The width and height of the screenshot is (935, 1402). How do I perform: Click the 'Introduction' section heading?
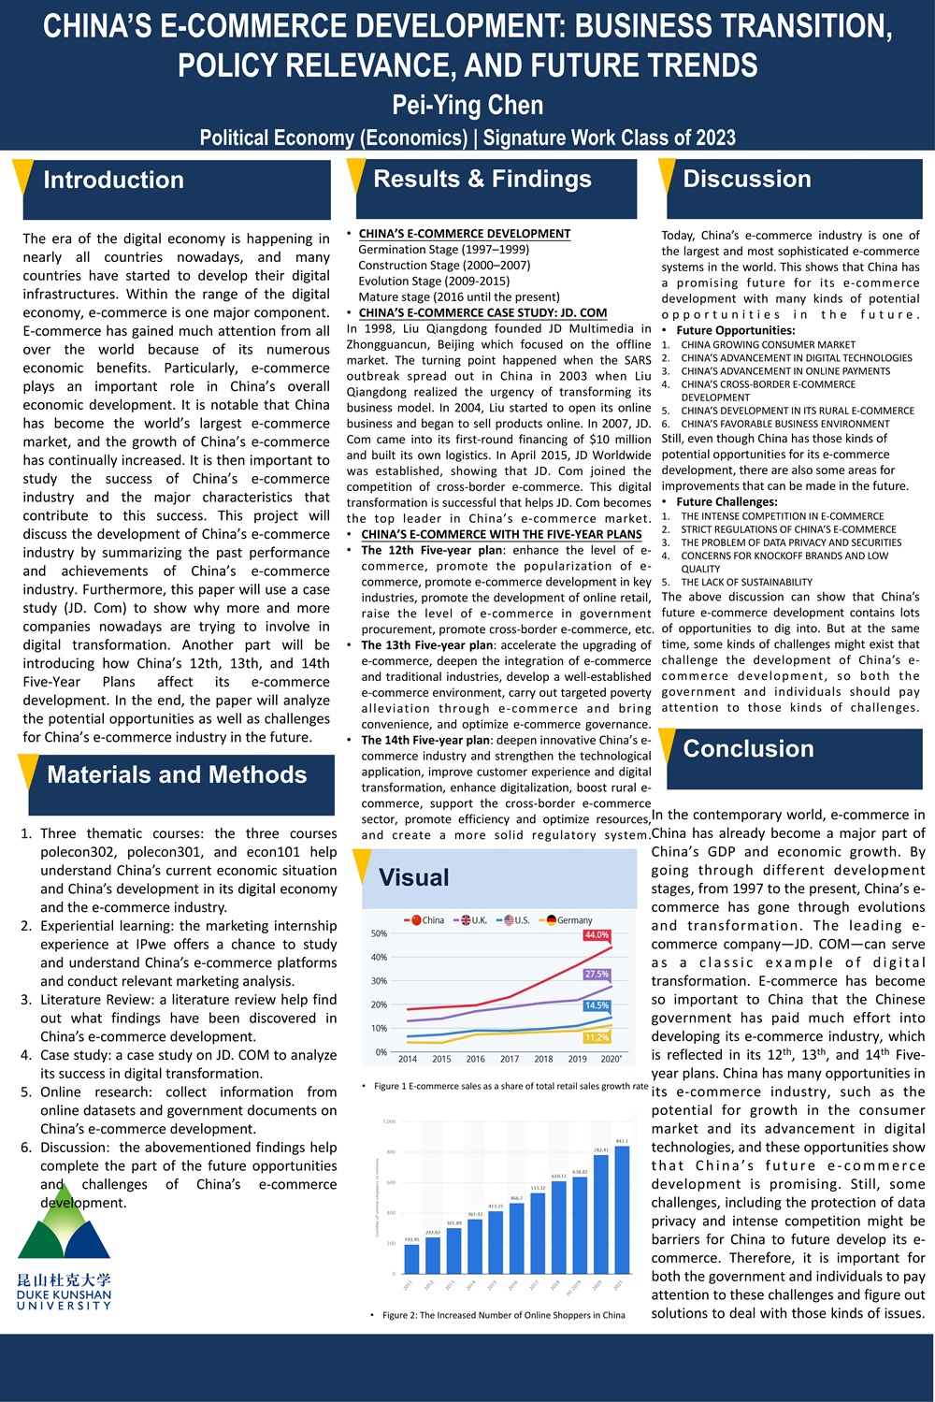[113, 181]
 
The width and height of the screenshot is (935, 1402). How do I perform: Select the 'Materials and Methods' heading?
[177, 775]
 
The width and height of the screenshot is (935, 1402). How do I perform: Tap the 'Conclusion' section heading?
[748, 749]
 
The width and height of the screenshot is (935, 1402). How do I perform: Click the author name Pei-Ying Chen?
[467, 105]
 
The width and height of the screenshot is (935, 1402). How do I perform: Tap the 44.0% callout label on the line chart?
[597, 935]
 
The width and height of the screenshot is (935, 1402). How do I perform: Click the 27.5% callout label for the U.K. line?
[597, 975]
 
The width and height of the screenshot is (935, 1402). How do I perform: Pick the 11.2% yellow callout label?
[597, 1037]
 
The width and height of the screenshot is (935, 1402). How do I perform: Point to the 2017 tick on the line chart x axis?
[510, 1060]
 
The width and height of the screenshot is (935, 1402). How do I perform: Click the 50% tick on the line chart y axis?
[379, 934]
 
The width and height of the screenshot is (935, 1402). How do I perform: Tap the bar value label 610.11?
[559, 1177]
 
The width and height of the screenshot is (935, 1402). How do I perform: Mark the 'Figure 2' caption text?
[503, 1315]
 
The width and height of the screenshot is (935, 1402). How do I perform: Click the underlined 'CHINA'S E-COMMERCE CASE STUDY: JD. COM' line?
[482, 313]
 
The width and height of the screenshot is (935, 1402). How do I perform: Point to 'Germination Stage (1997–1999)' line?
[443, 250]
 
